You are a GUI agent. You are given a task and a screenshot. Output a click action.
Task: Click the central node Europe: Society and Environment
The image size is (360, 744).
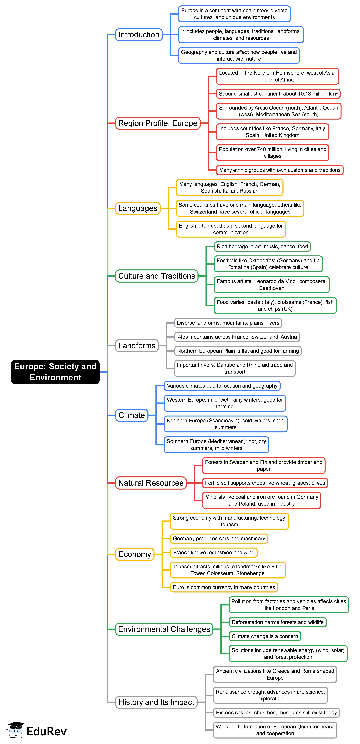pos(55,372)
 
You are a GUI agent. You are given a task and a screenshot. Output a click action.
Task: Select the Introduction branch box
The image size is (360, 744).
pos(139,35)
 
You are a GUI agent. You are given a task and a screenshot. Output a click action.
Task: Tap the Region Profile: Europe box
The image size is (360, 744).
pos(158,123)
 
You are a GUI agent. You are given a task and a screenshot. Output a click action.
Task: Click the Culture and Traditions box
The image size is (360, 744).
pos(157,276)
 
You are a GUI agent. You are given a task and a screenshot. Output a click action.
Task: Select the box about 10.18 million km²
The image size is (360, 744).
pos(278,94)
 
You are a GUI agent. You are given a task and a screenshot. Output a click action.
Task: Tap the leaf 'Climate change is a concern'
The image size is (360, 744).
pos(265,636)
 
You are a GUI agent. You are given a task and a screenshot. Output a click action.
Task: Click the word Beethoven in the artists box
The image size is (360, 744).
pos(272,288)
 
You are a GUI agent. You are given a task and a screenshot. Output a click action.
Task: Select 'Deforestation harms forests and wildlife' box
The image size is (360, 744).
pos(277,622)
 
